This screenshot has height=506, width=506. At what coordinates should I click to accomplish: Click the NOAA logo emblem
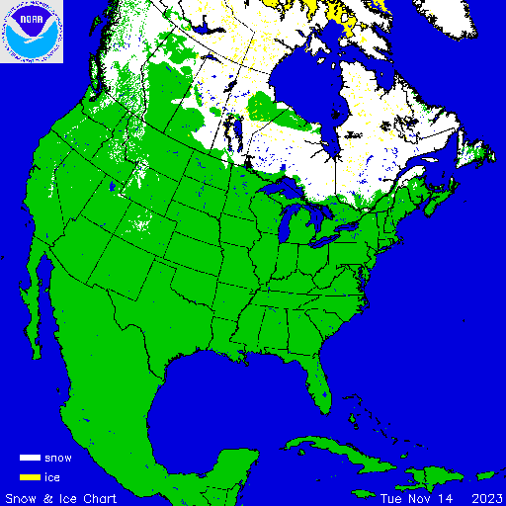click(x=32, y=32)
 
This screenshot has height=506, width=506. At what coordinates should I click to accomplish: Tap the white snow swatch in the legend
click(x=30, y=458)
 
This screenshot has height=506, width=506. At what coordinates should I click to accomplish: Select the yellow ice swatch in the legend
click(x=30, y=476)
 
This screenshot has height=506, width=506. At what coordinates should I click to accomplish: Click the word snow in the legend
click(x=58, y=458)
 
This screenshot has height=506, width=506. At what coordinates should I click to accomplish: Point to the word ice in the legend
click(x=52, y=476)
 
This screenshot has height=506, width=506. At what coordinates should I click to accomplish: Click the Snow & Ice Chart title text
click(x=61, y=497)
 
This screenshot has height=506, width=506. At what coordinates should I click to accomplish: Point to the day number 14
click(x=441, y=497)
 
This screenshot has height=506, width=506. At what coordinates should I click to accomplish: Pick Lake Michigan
click(x=287, y=225)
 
